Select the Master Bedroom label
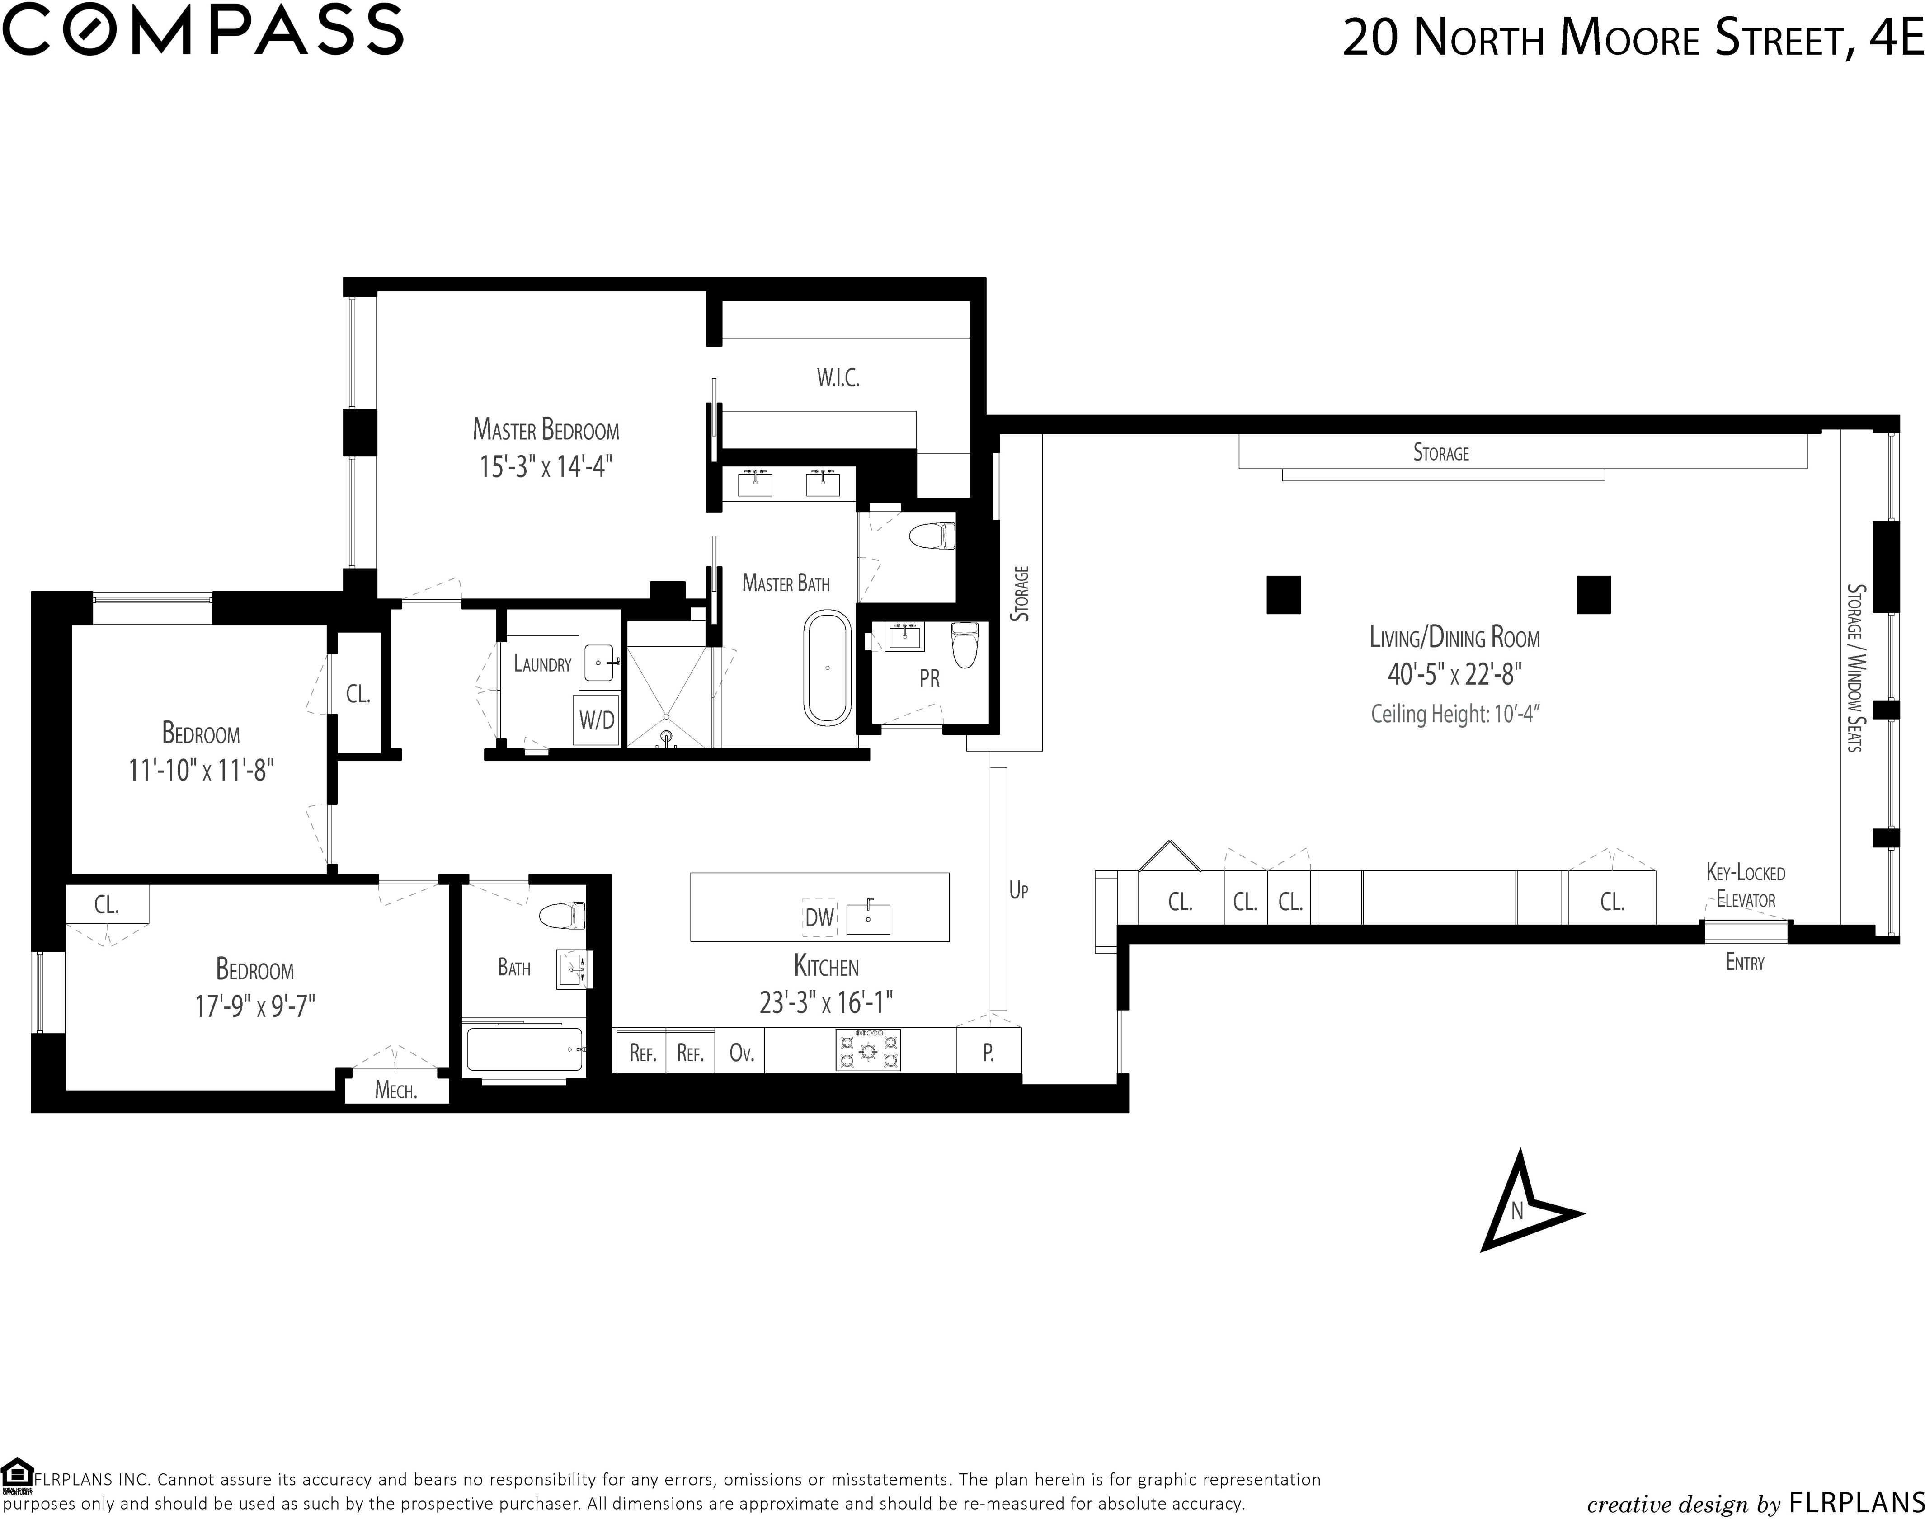tap(545, 430)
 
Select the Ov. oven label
tap(741, 1054)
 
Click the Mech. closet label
tap(396, 1091)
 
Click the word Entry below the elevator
tap(1744, 962)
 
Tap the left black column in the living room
tap(1284, 595)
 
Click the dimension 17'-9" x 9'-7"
tap(255, 1006)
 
